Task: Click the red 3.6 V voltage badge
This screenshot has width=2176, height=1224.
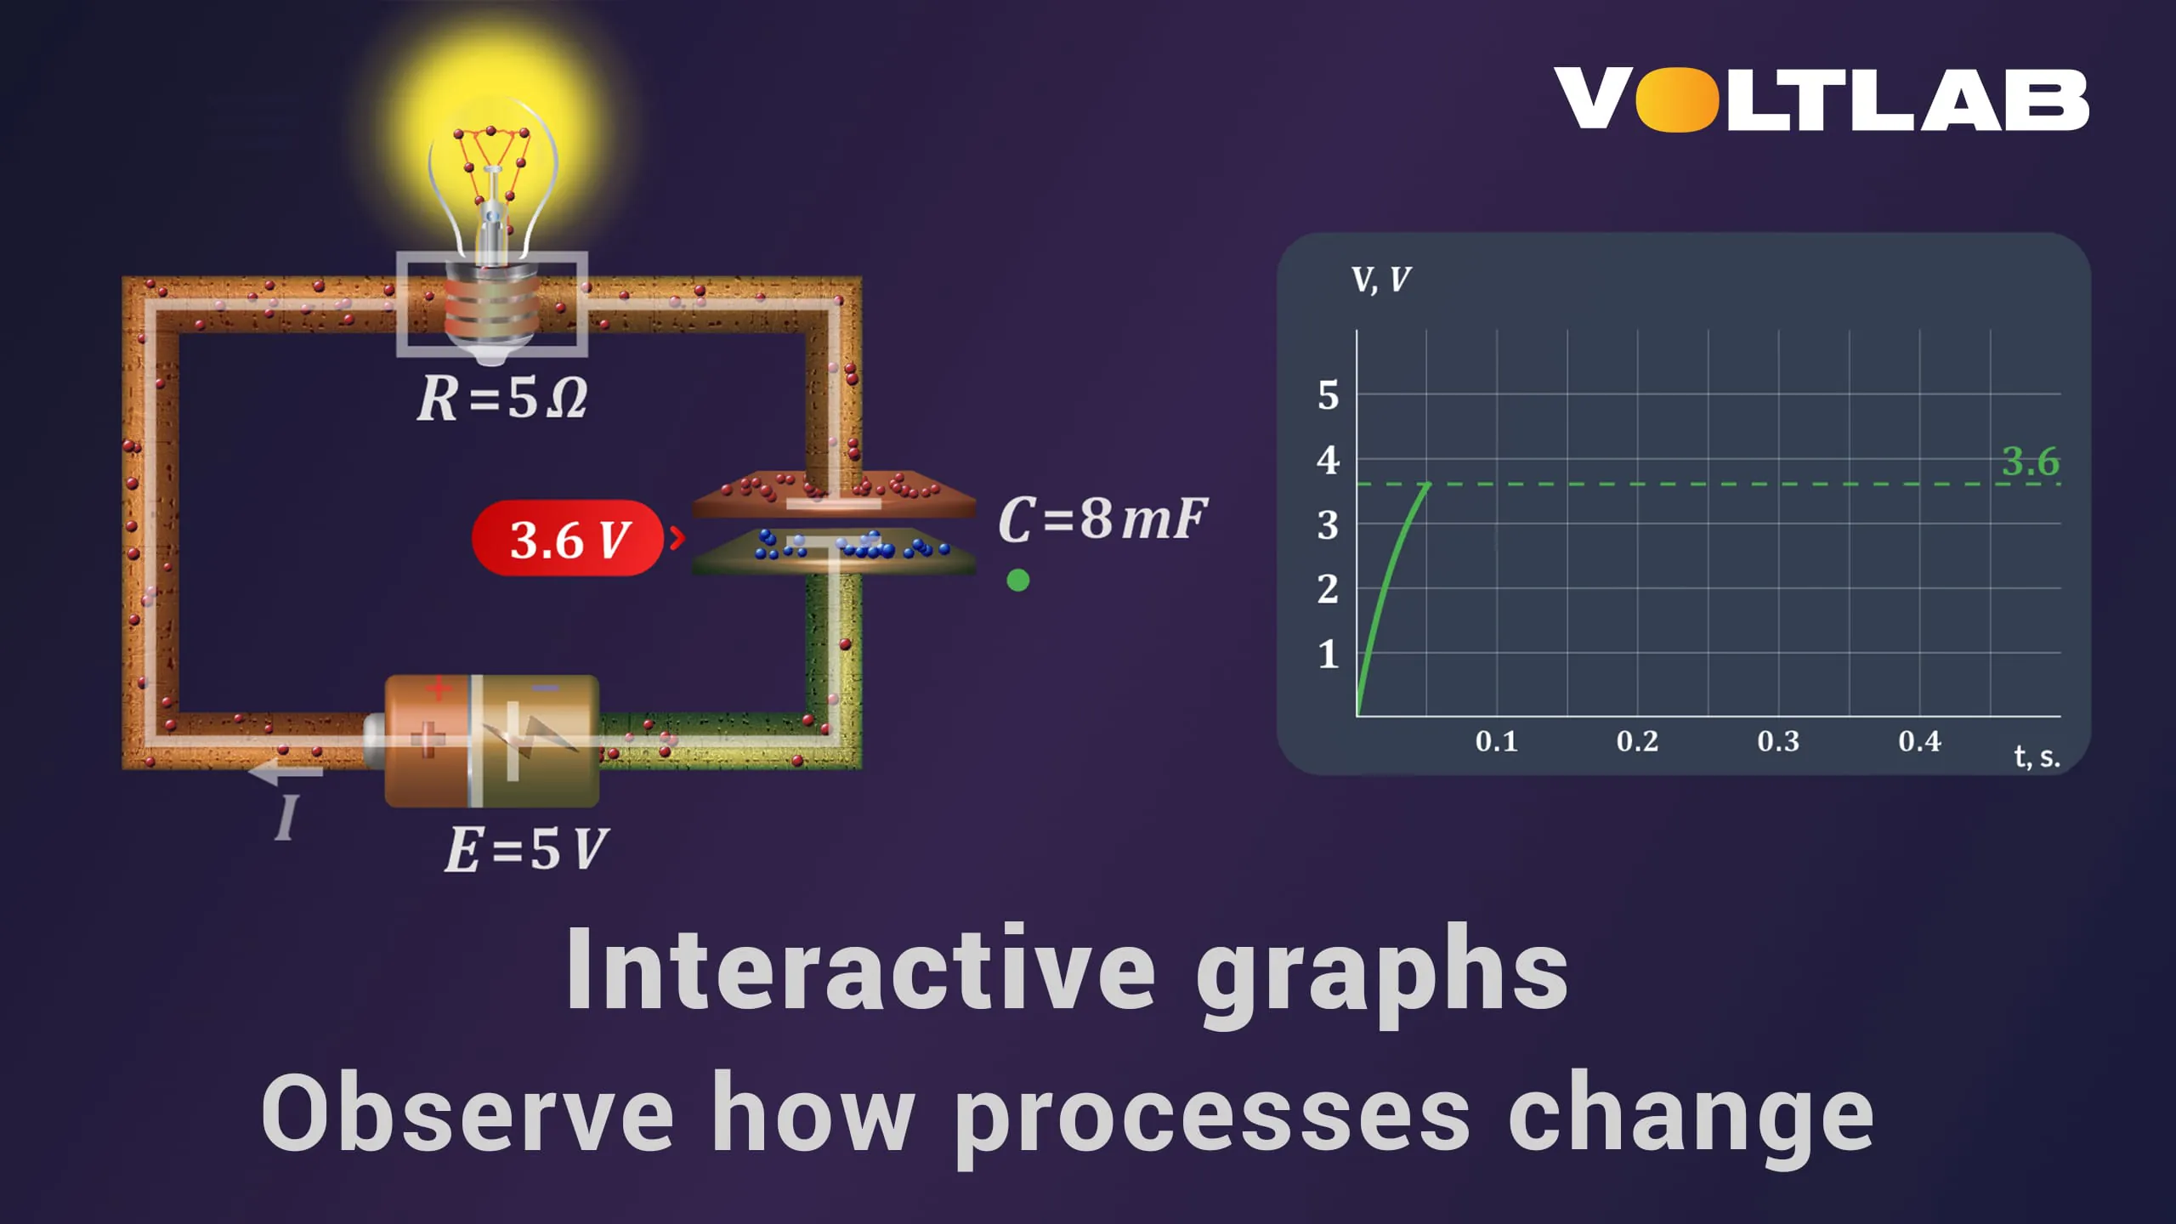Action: tap(568, 539)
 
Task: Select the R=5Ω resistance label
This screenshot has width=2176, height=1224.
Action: tap(502, 398)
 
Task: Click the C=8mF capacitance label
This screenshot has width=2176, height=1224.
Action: tap(1102, 518)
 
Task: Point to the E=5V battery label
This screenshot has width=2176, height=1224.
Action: tap(526, 849)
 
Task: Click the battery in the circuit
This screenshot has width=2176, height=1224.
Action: tap(491, 740)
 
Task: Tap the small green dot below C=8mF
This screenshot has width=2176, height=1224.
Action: tap(1017, 581)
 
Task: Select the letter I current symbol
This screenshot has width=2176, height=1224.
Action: tap(287, 818)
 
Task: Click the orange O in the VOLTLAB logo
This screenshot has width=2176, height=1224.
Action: tap(1676, 100)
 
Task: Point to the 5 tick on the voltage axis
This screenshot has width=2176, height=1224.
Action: tap(1328, 396)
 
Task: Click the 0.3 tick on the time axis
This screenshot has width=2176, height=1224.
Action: tap(1778, 741)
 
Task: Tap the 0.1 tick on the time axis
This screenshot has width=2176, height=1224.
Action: tap(1496, 741)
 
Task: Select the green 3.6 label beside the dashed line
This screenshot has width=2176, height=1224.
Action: tap(2030, 462)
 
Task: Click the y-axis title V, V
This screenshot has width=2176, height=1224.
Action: tap(1380, 280)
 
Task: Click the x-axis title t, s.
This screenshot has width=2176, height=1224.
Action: tap(2037, 756)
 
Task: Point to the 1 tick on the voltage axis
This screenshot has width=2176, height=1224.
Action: tap(1328, 654)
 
